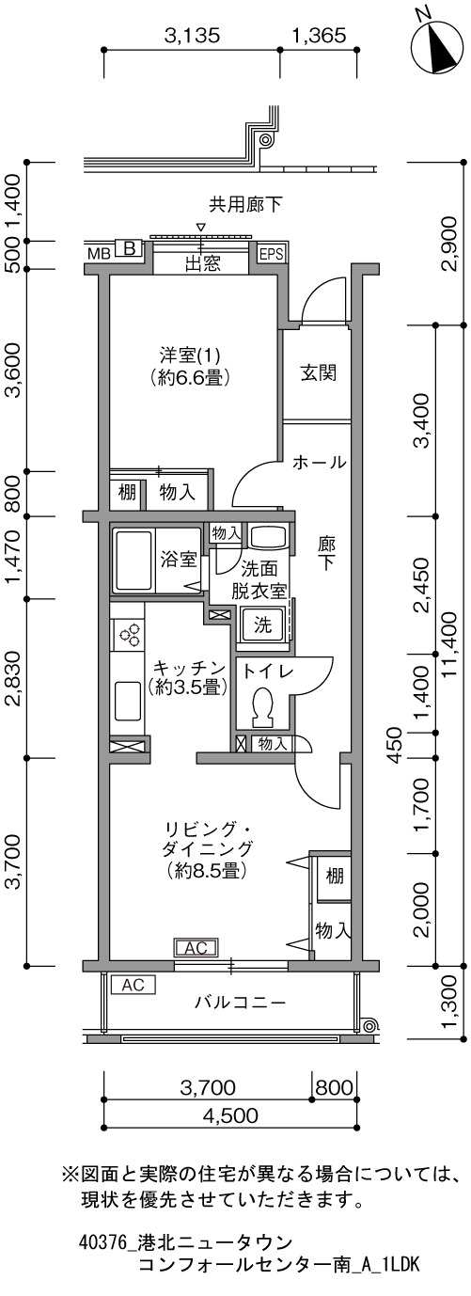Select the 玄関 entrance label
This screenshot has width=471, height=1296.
(318, 372)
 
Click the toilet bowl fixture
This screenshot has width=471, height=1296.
(263, 705)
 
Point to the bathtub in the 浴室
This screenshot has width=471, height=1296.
(134, 560)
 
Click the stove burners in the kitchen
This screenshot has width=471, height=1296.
(129, 634)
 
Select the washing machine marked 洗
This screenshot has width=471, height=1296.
(262, 624)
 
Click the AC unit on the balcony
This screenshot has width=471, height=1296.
(133, 985)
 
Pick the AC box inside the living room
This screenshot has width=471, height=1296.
(196, 948)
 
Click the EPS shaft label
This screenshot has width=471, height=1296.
(270, 253)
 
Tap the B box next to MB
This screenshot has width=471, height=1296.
(130, 249)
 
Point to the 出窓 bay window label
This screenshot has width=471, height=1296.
(202, 264)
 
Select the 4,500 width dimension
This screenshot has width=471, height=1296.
(229, 1114)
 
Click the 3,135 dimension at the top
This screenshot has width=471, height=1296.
(192, 37)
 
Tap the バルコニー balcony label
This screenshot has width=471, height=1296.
(240, 1002)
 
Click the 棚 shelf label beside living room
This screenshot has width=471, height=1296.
(334, 876)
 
